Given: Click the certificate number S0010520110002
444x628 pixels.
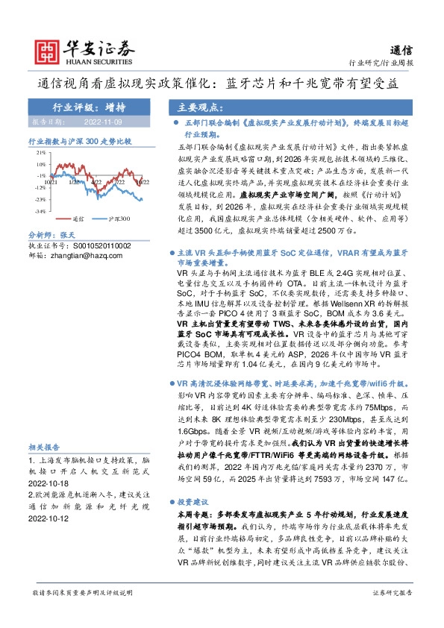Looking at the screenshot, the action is pyautogui.click(x=90, y=245).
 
